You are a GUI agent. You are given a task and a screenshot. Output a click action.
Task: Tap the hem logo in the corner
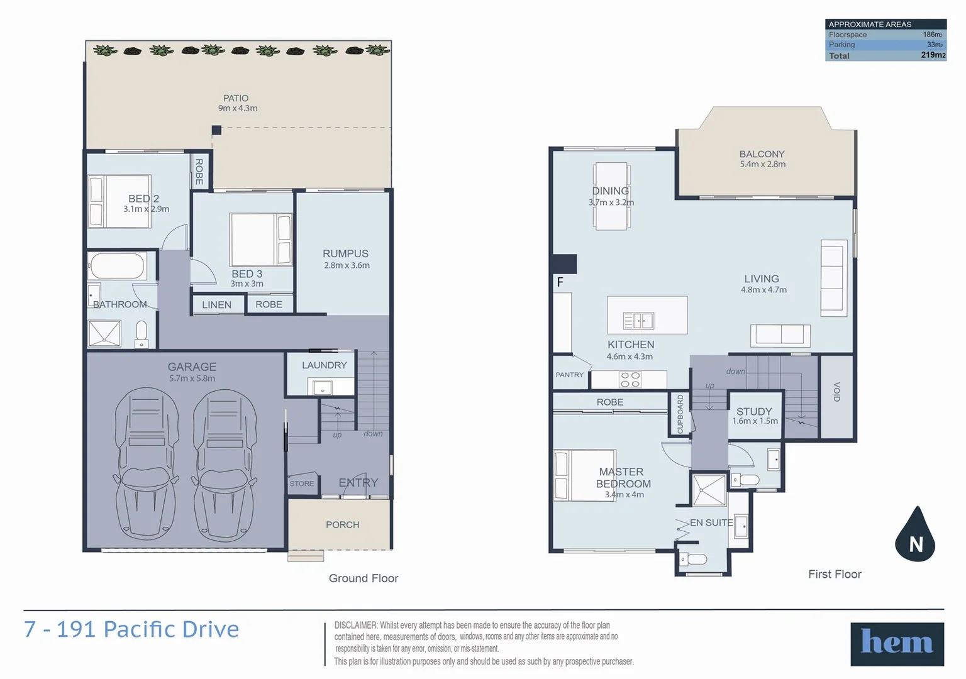pos(897,643)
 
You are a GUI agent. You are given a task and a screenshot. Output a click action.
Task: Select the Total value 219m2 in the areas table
pos(933,55)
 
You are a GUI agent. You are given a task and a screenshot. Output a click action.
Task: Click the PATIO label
pos(236,98)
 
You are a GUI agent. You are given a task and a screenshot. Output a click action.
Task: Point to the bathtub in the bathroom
pos(118,266)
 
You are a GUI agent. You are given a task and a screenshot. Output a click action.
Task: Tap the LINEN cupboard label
pos(216,305)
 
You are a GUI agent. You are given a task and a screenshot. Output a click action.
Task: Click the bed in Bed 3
pos(260,239)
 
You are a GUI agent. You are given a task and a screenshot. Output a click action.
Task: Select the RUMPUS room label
pos(345,253)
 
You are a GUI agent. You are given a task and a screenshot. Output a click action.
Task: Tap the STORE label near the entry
pos(301,483)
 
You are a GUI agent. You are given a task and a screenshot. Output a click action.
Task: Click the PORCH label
pos(342,524)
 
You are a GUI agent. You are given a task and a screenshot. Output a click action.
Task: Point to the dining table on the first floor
pos(611,196)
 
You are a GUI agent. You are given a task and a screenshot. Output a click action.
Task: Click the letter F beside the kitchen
pos(560,282)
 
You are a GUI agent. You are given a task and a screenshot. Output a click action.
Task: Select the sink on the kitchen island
pos(638,321)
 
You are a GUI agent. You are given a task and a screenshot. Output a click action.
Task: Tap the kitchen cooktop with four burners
pos(630,380)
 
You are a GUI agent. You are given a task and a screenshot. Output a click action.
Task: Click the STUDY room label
pos(754,411)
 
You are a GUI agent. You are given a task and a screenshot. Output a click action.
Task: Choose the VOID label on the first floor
pos(836,392)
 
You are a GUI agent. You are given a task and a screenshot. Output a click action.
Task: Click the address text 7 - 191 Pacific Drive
pos(131,629)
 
